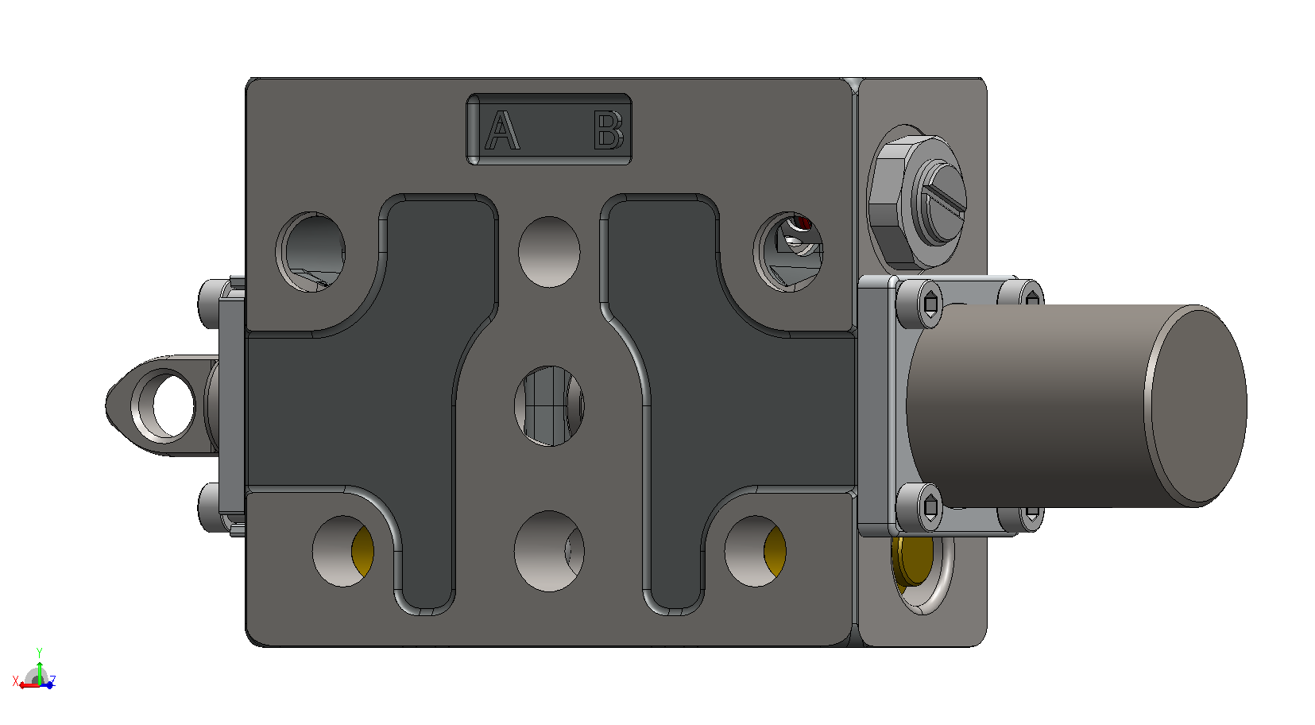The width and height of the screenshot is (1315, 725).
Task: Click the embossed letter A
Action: (x=502, y=130)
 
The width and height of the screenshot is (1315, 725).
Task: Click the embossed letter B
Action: (x=608, y=130)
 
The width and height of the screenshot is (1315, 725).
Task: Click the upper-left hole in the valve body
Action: (x=311, y=252)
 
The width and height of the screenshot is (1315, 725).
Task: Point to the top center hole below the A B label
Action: (x=549, y=252)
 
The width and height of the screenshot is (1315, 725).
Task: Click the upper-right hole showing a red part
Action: (x=788, y=252)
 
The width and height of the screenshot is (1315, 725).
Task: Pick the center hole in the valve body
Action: (x=549, y=406)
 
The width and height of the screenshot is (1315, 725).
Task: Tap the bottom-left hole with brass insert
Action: (x=343, y=551)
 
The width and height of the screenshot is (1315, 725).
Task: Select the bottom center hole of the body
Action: (x=549, y=551)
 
